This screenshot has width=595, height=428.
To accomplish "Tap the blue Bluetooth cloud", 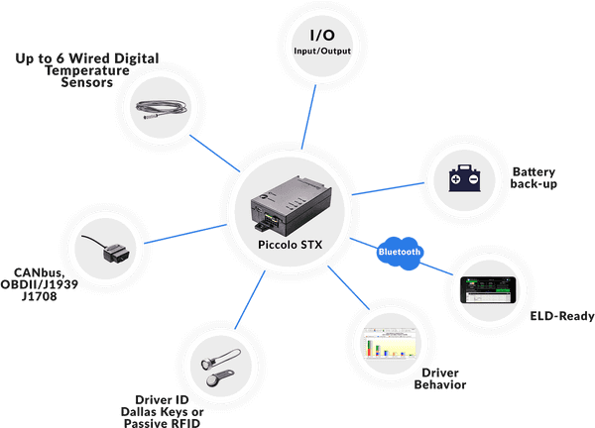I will (x=400, y=252).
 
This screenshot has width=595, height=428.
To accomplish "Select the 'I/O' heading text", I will (x=314, y=36).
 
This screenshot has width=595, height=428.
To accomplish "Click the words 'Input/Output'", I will (x=314, y=51).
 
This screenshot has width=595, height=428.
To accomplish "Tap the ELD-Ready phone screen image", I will (x=488, y=289).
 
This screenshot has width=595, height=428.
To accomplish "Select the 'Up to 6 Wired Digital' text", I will (x=88, y=58).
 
